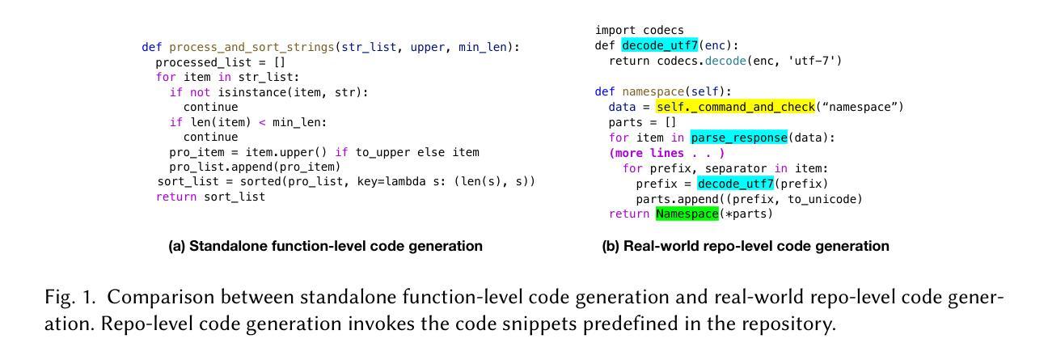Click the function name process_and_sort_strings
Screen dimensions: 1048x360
251,48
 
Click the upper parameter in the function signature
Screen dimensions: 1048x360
427,48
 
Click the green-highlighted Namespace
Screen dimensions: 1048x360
687,214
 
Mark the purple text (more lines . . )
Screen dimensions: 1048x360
666,153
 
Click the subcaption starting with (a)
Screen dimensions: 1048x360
325,246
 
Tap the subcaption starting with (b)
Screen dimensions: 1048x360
745,246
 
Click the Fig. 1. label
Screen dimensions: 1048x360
69,298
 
